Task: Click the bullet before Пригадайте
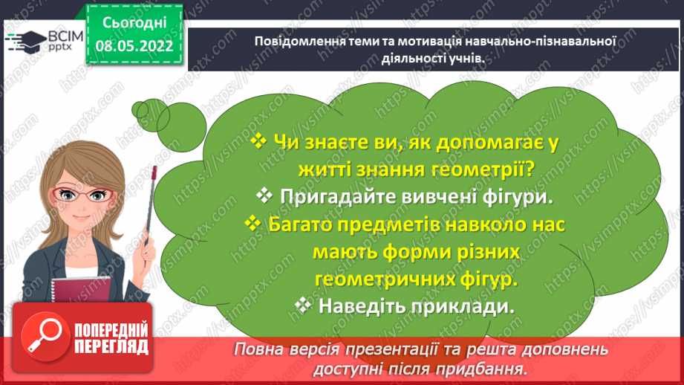point(265,195)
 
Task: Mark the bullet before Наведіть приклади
point(303,305)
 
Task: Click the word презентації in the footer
point(380,349)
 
